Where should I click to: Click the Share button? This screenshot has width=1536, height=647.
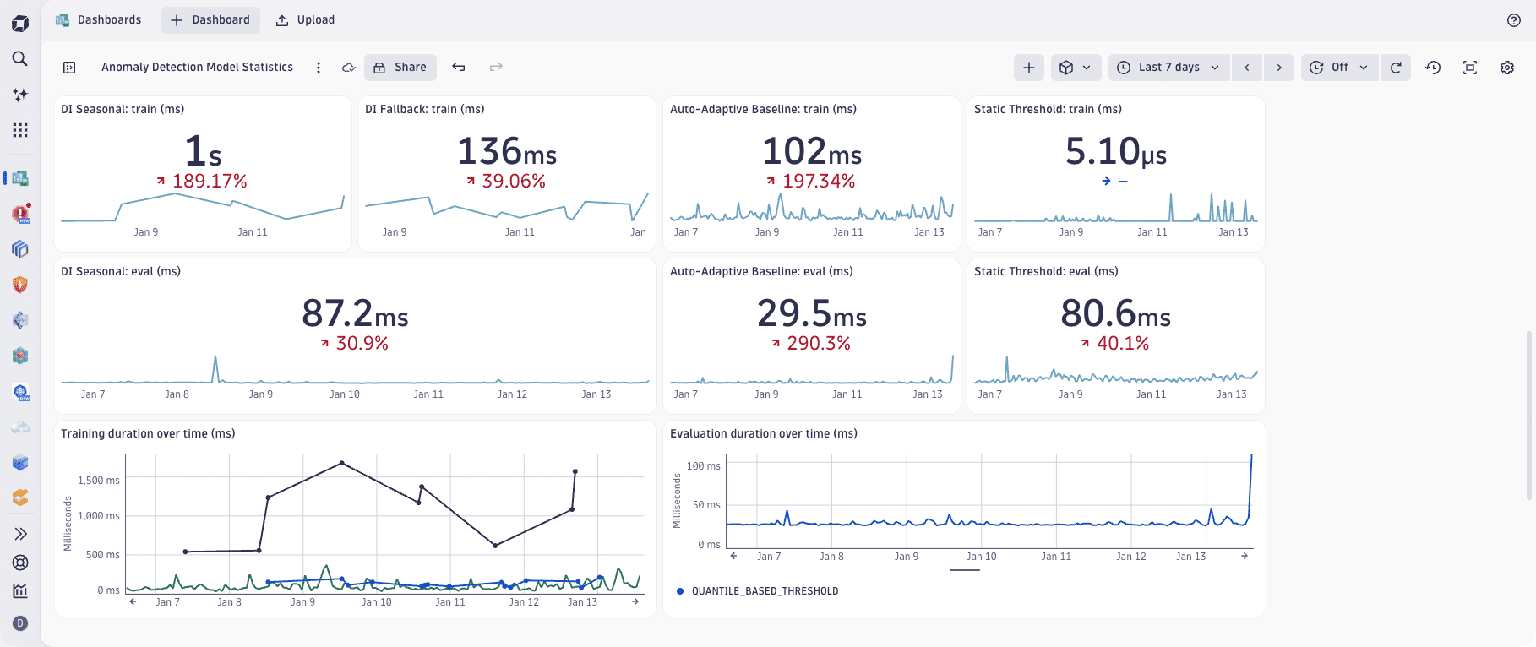[x=400, y=68]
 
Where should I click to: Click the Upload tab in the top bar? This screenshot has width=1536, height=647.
[x=306, y=19]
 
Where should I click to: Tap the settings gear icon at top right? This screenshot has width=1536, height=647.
[x=1506, y=68]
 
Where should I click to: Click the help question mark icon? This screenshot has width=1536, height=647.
[x=1513, y=20]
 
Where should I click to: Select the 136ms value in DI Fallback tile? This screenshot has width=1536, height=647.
[x=507, y=152]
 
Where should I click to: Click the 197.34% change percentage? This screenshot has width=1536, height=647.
[x=818, y=181]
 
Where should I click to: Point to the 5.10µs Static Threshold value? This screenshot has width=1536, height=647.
[x=1115, y=152]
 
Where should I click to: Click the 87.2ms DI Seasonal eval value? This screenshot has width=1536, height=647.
[x=355, y=314]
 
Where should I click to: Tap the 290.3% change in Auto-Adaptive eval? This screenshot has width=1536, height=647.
[x=818, y=343]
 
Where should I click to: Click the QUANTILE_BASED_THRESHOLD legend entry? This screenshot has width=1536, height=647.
[x=764, y=591]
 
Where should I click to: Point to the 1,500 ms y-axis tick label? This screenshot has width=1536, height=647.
[x=98, y=481]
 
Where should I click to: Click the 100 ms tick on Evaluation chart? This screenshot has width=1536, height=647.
[x=703, y=466]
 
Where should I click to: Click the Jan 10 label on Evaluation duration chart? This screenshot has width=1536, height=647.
[x=981, y=557]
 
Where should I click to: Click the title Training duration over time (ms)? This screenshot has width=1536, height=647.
[x=148, y=433]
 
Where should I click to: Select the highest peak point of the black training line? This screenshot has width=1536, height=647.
[x=341, y=463]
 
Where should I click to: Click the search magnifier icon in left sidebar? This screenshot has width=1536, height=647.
[x=20, y=58]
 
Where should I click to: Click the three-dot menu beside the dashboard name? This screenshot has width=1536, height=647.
[x=319, y=68]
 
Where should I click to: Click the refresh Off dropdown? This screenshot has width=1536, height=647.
[x=1339, y=68]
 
